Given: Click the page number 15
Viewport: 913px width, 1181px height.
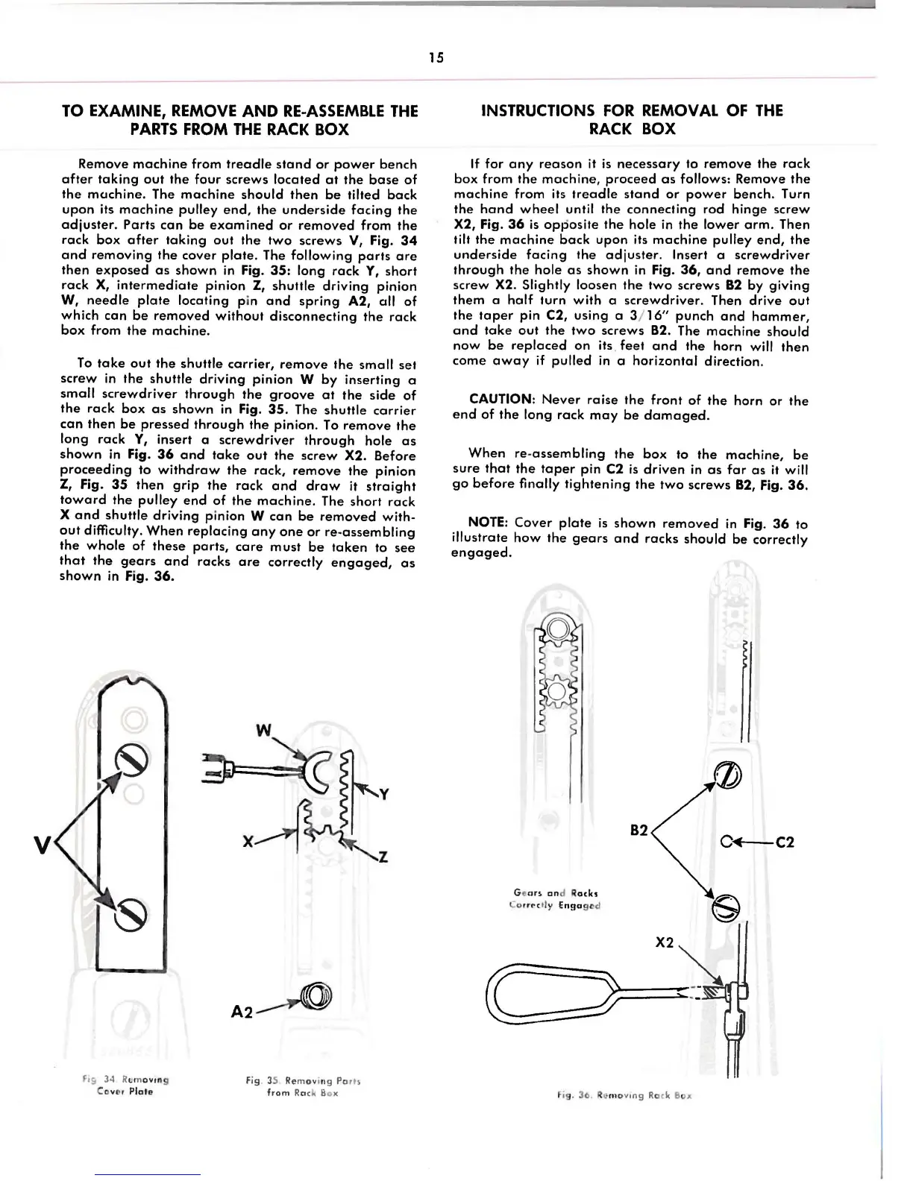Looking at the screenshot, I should (436, 57).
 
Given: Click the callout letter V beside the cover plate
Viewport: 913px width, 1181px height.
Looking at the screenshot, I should (42, 845).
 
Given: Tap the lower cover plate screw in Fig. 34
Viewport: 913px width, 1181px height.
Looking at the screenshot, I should (128, 911).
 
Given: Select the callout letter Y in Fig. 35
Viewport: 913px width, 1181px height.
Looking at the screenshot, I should (383, 795).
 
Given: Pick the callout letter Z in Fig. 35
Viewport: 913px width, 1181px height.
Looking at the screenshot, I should (383, 857).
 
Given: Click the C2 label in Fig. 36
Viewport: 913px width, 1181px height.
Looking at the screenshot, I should (785, 843).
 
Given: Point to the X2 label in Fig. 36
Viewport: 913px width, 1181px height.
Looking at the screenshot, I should (664, 943).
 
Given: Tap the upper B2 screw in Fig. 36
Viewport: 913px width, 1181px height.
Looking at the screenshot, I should (728, 775).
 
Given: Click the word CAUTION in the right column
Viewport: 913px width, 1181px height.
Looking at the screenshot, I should (501, 400).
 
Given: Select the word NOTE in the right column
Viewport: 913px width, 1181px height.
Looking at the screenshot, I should (488, 523).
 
